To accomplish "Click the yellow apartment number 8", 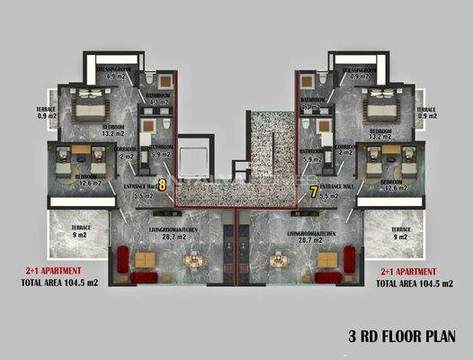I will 162,184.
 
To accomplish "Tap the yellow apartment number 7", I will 312,191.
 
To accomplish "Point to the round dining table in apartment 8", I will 192,262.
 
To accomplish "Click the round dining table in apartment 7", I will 280,262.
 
